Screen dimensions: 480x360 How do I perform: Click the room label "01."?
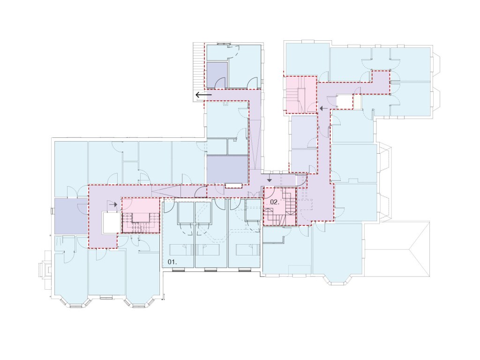point(172,262)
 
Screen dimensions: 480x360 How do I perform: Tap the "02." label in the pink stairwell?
point(275,202)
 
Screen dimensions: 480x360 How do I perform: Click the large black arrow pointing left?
point(203,95)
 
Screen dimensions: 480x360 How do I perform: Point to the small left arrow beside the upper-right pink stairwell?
point(323,108)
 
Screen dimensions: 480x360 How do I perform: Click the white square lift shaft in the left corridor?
point(112,223)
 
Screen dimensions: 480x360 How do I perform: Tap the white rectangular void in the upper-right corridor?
point(345,102)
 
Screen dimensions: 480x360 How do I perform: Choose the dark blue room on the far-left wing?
point(71,216)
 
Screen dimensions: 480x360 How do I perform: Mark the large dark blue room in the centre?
point(227,170)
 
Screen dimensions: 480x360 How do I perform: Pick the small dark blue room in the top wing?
point(217,75)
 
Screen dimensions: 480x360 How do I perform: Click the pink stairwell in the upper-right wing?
point(301,95)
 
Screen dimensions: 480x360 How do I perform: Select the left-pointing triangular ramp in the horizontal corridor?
point(166,192)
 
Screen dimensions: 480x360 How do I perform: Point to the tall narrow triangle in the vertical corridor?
point(255,145)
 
